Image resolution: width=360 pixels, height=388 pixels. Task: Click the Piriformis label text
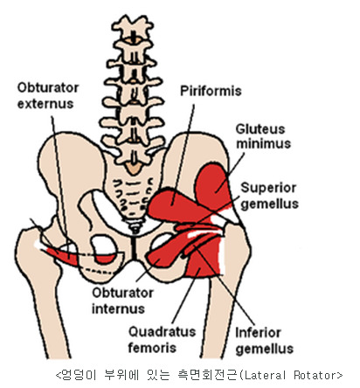coord(211,91)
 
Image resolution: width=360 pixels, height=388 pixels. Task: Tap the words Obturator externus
coord(48,95)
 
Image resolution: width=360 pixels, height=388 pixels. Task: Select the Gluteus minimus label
coord(263,136)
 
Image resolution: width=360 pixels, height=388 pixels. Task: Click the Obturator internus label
coord(122,301)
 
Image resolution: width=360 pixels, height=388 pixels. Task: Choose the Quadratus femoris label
coord(162,339)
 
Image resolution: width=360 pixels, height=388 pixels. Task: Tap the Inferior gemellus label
coord(265,341)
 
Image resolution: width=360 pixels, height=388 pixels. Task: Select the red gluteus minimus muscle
coord(212,185)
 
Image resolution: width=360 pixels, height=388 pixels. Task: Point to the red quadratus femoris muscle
coord(204,262)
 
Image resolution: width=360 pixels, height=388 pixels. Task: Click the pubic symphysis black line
coord(134,248)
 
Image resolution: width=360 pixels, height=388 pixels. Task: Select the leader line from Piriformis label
coord(183,155)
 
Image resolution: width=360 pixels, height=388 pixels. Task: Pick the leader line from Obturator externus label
coord(60,187)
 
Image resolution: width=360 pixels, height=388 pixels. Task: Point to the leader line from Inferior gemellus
coord(225,286)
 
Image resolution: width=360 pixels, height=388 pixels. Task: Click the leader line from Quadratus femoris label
coord(186,295)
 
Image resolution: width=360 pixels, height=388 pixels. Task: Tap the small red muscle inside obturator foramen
coord(106,259)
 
